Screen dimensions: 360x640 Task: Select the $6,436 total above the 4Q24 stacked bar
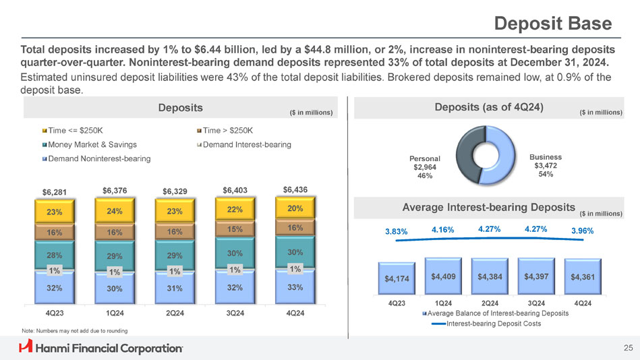pos(295,189)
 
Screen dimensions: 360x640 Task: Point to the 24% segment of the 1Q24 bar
pos(115,211)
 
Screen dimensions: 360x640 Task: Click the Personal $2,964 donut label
pos(426,166)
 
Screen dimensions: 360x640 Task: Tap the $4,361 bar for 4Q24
pos(583,277)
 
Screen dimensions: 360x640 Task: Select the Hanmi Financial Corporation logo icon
pos(26,347)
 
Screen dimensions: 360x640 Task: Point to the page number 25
pos(628,348)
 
